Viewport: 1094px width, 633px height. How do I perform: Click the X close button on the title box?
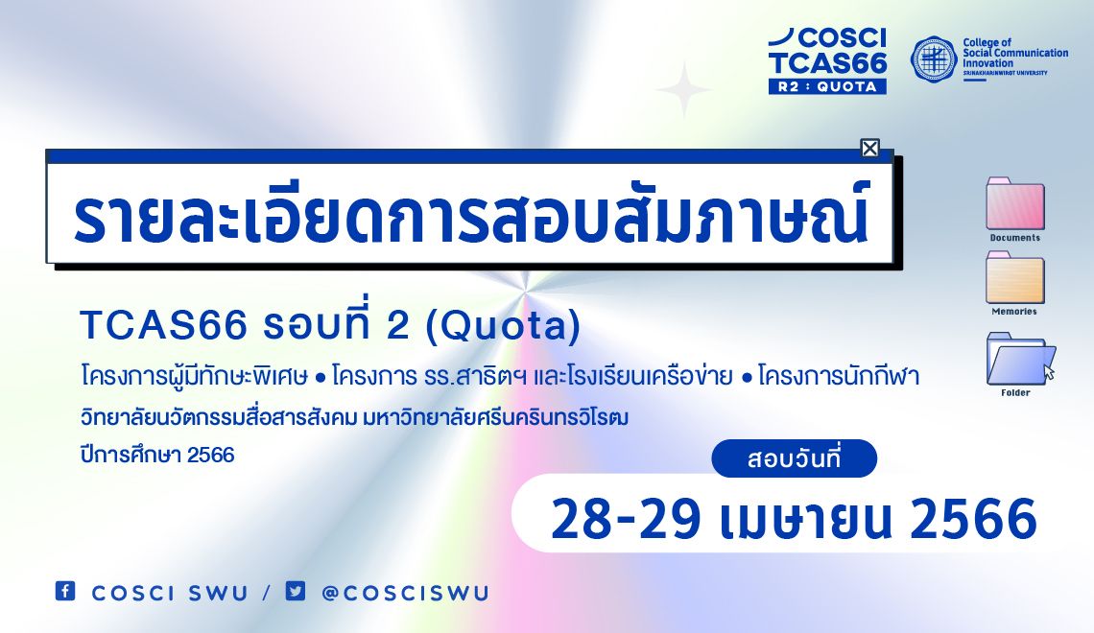coord(869,148)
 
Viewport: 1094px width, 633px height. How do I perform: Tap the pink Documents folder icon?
coord(1015,204)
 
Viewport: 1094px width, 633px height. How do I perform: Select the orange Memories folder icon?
coord(1015,277)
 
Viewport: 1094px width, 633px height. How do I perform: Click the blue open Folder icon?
coord(1019,359)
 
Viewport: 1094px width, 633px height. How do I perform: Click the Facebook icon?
coord(65,591)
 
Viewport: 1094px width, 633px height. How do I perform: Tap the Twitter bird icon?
coord(296,591)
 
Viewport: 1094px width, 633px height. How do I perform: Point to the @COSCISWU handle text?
coord(405,593)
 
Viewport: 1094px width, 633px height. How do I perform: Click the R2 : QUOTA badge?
coord(827,86)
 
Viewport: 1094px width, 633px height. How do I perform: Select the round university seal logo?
coord(934,59)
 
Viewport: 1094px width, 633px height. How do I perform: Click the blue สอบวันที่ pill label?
coord(794,458)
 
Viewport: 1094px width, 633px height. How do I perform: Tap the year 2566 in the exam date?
coord(973,520)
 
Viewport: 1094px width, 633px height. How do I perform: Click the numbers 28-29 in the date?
coord(626,520)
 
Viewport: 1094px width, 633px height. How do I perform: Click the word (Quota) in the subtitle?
coord(503,325)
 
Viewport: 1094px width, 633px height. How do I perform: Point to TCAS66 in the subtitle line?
coord(164,325)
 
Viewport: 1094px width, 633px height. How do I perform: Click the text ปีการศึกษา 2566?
coord(157,456)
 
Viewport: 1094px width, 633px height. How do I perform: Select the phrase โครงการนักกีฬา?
coord(839,377)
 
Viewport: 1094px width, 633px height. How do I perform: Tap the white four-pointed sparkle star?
coord(684,89)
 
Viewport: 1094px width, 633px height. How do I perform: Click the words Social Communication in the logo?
coord(1015,53)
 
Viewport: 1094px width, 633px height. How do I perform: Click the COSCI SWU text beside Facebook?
coord(170,593)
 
